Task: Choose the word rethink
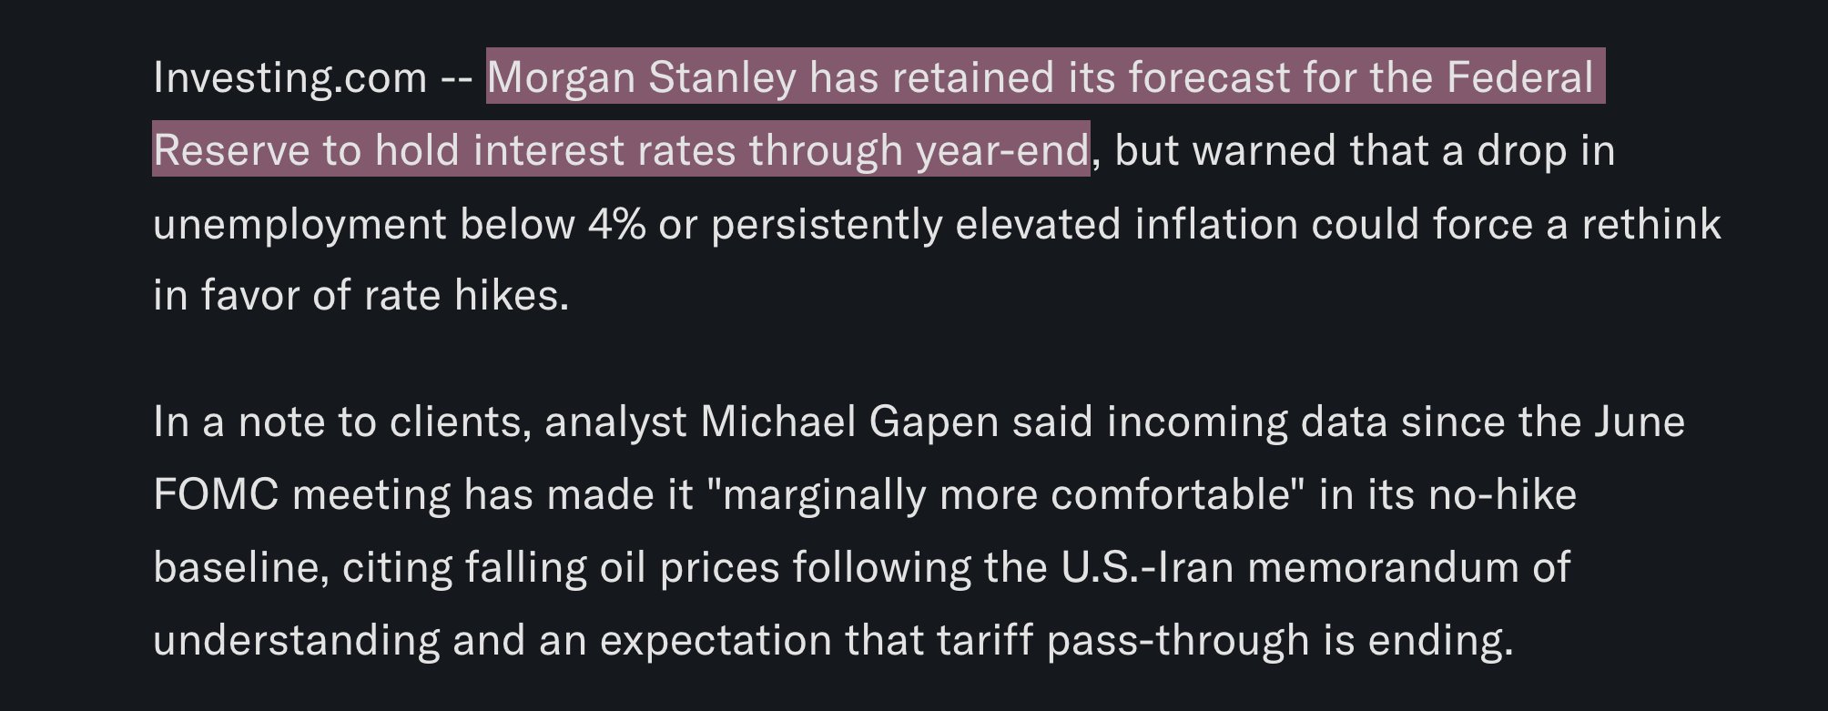click(x=1650, y=223)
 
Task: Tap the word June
click(x=1639, y=422)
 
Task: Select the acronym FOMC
click(x=216, y=495)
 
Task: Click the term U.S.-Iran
click(x=1147, y=567)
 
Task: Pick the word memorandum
click(x=1381, y=567)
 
